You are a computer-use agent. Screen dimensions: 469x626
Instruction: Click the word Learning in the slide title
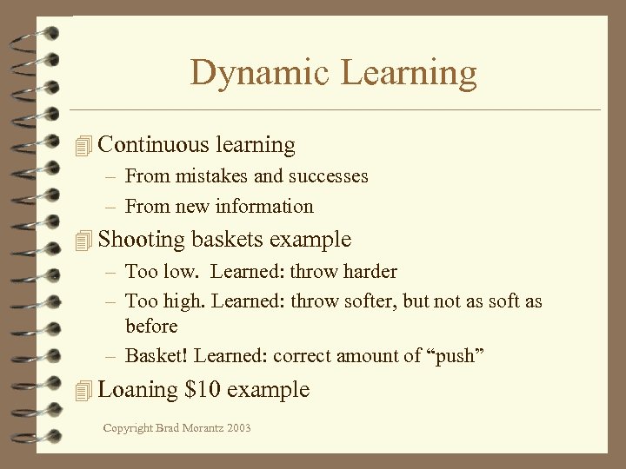(409, 73)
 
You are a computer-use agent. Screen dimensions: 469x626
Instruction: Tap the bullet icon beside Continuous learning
(83, 146)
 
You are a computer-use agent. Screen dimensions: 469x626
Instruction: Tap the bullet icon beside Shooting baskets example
(83, 240)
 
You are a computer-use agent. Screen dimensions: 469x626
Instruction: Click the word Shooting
(142, 240)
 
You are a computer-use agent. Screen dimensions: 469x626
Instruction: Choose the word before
(151, 327)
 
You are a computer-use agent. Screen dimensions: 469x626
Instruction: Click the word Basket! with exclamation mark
(157, 356)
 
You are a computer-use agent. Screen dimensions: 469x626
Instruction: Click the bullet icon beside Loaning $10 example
(83, 390)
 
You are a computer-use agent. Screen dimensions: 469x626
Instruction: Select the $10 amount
(203, 389)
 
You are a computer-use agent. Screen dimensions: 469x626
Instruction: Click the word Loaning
(138, 390)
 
